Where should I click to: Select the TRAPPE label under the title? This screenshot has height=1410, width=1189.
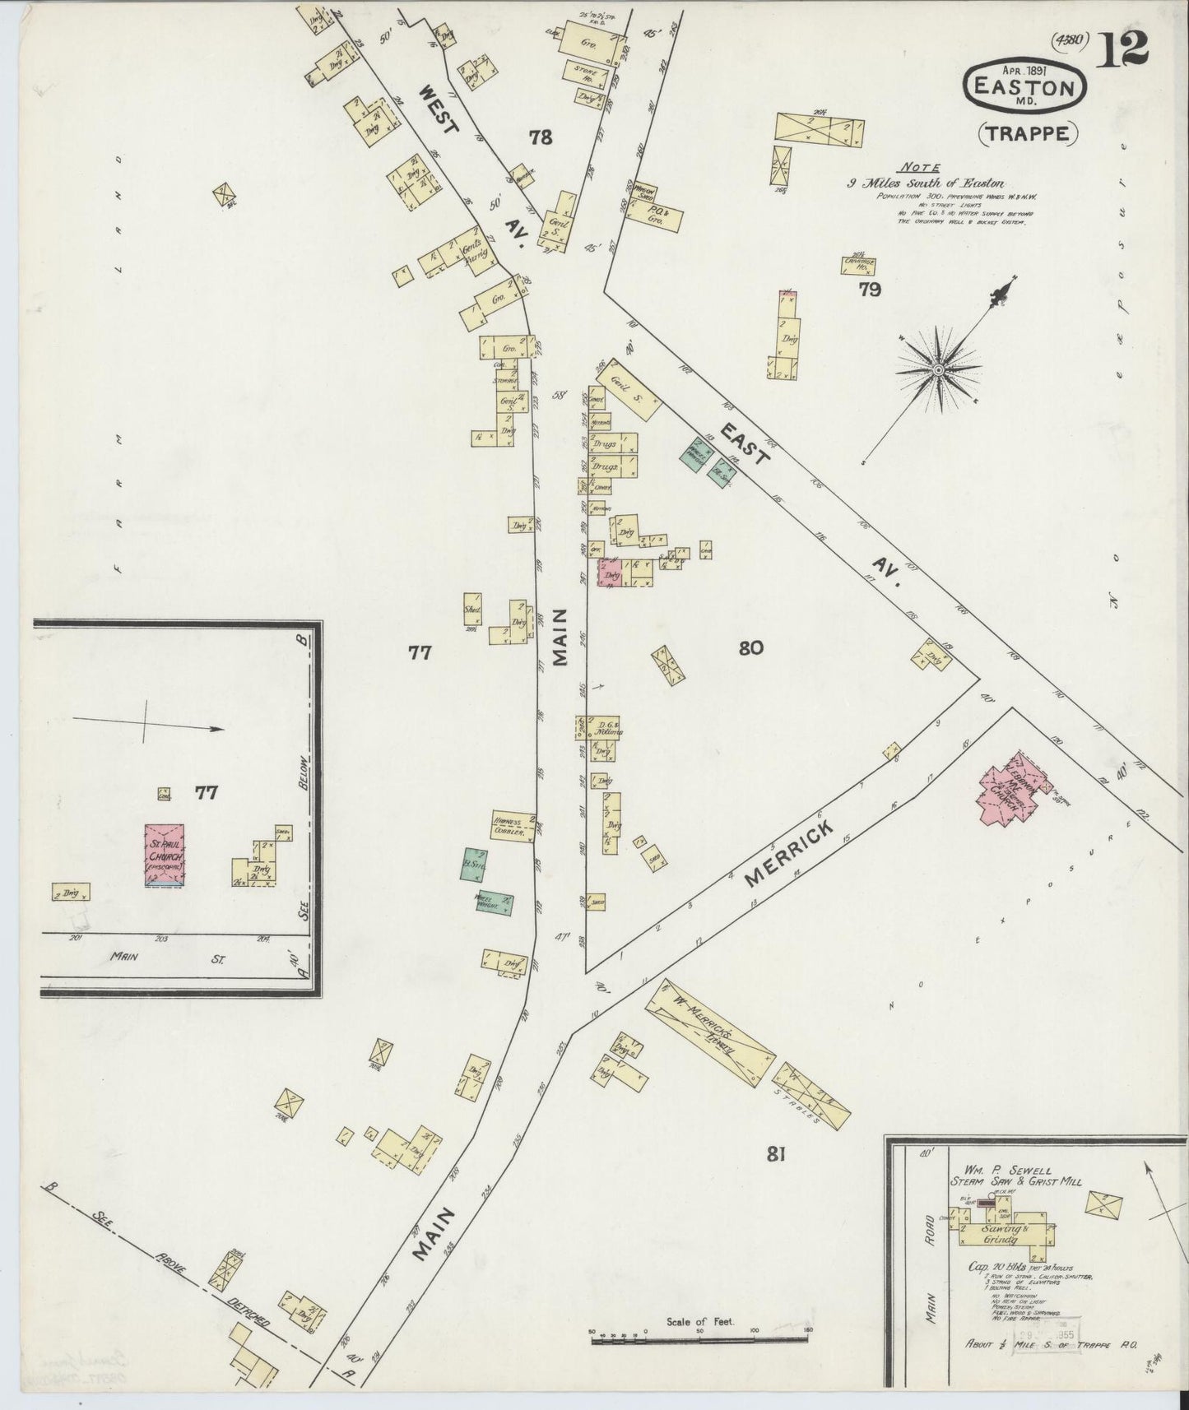point(1028,132)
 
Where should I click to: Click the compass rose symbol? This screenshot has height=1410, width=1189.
point(937,372)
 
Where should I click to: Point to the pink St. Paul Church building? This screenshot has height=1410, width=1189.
point(165,855)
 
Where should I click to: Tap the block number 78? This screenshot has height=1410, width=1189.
point(541,137)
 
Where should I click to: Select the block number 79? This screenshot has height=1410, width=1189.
point(870,289)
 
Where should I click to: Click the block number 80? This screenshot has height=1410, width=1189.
point(750,647)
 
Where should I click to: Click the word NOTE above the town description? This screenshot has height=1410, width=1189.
point(916,165)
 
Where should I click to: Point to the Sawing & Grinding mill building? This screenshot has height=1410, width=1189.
point(1000,1233)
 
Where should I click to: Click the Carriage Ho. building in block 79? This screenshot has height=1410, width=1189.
point(858,265)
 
